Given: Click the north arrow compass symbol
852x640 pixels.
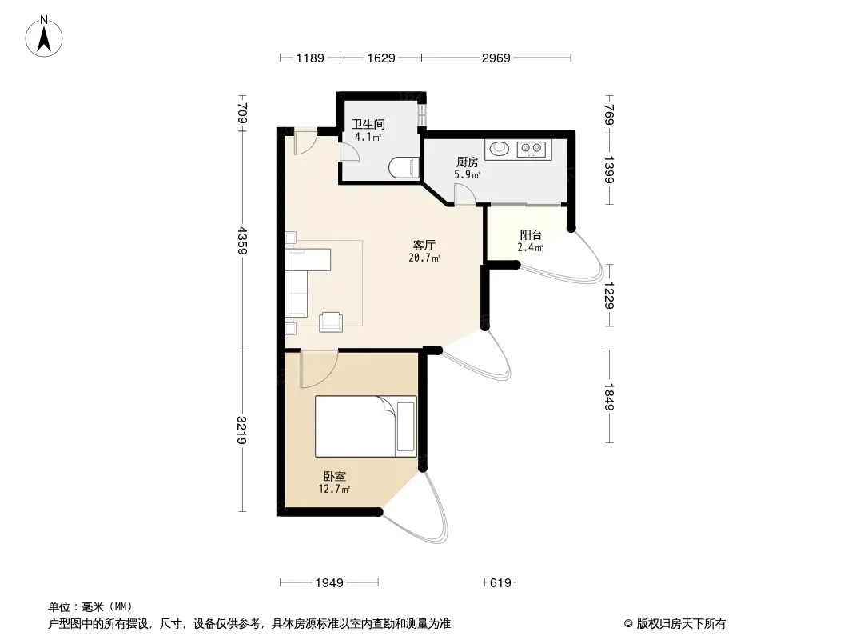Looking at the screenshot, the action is click(44, 37).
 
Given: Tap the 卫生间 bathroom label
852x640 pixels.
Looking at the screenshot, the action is click(368, 125).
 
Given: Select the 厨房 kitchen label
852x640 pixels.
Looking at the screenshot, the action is click(468, 162).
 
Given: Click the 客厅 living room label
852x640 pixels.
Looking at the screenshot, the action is click(424, 246).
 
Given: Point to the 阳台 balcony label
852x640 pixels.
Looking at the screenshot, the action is click(531, 235).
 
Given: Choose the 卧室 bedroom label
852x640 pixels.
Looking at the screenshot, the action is click(335, 476).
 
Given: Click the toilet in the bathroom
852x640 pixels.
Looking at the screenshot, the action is click(404, 167).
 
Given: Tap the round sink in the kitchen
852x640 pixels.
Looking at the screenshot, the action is click(499, 148).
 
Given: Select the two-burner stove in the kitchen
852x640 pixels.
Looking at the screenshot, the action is click(532, 149).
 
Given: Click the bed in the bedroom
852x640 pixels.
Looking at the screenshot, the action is click(366, 426).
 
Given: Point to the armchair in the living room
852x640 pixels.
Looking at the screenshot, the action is click(330, 322).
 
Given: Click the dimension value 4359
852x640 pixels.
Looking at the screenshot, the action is click(242, 240).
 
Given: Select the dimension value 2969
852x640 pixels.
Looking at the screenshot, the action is click(496, 58).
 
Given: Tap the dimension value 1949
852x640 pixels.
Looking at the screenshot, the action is click(329, 583).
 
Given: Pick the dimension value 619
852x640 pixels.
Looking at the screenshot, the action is click(500, 583).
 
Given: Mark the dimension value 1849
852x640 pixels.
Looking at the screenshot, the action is click(609, 397).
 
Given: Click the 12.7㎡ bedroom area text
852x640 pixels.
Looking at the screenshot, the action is click(334, 489).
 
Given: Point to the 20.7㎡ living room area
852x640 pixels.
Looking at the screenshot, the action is click(424, 258).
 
